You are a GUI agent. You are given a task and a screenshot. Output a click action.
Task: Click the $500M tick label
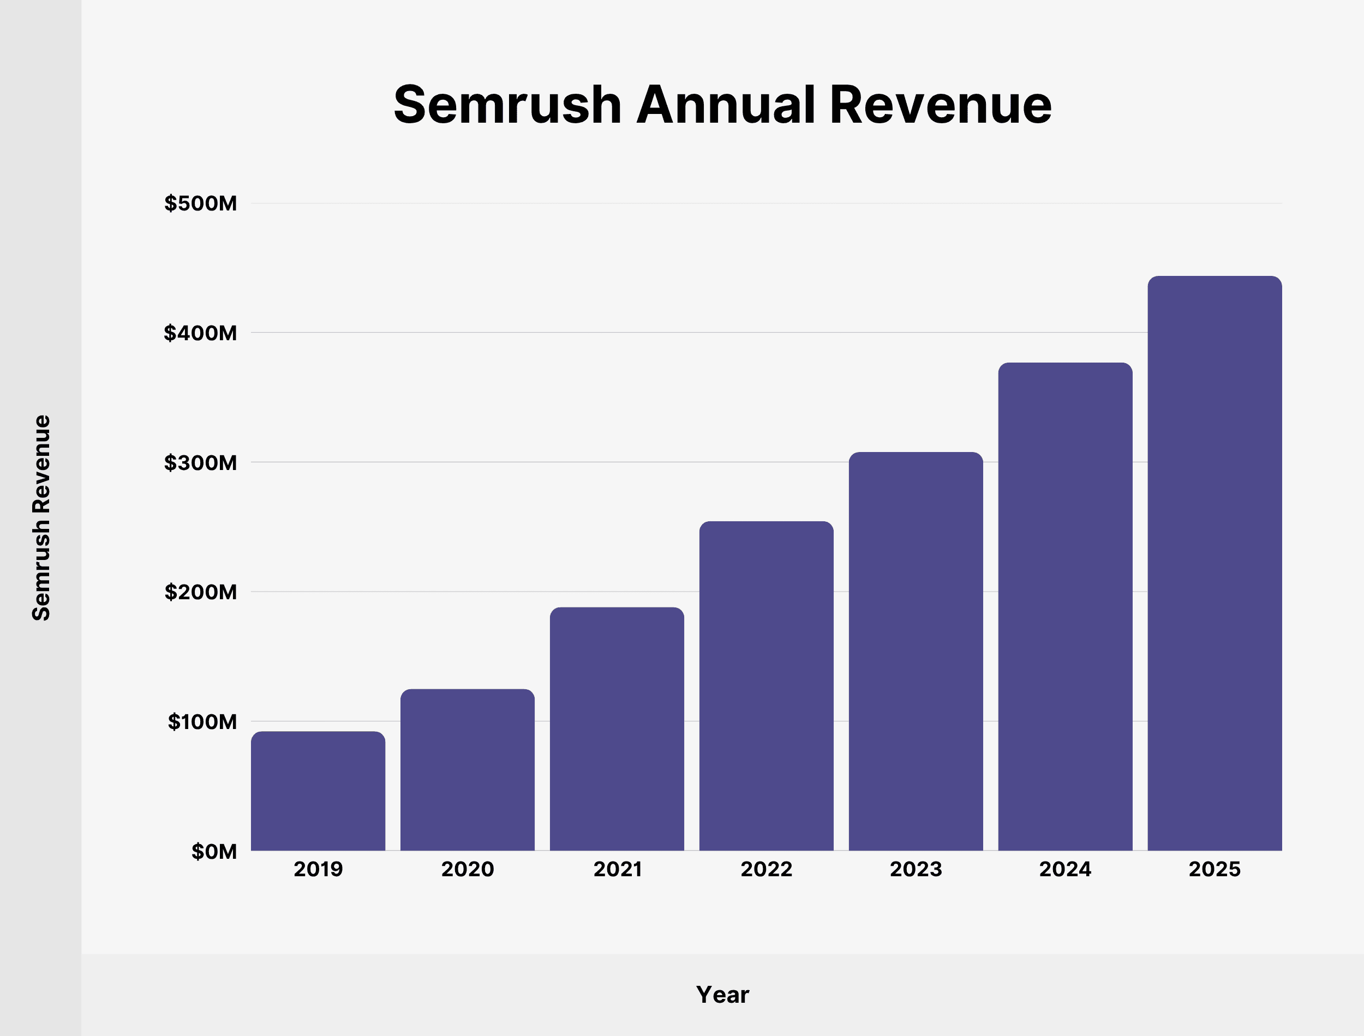(200, 203)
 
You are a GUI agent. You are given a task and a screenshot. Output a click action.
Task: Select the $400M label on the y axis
(200, 333)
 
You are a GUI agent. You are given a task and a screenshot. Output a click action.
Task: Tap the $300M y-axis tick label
(200, 462)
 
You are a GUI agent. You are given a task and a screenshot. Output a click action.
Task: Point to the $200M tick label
(200, 592)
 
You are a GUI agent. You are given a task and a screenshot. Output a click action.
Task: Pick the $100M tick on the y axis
(202, 721)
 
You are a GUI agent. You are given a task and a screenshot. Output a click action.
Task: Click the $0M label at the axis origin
(214, 852)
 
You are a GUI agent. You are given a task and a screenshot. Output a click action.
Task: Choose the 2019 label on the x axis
(318, 869)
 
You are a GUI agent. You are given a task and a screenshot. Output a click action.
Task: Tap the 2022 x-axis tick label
(766, 869)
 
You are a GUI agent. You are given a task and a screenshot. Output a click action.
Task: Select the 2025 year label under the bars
(1214, 869)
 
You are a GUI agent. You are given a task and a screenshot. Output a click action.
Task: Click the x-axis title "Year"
(722, 995)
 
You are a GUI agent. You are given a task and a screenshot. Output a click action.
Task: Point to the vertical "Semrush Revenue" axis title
(41, 517)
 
